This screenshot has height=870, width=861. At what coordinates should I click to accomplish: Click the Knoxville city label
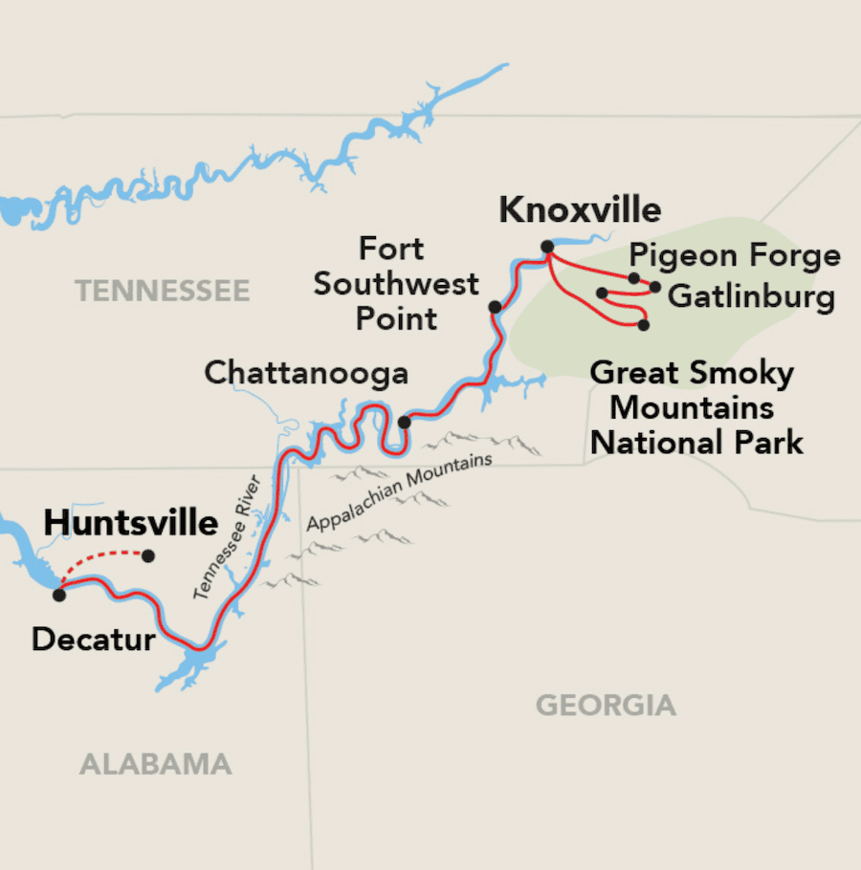click(x=580, y=210)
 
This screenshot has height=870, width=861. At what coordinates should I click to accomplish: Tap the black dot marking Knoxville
click(x=547, y=247)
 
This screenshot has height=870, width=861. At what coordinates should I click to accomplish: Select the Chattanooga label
click(x=306, y=373)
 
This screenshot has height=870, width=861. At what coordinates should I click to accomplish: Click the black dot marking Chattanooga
click(x=405, y=422)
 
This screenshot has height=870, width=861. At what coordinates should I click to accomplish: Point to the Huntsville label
click(x=131, y=523)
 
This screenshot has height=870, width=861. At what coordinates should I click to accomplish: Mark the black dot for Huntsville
click(x=148, y=555)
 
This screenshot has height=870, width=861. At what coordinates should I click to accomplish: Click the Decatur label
click(x=93, y=639)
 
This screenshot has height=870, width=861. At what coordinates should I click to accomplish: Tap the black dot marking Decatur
click(x=58, y=595)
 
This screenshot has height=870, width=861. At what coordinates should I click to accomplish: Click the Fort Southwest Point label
click(x=396, y=284)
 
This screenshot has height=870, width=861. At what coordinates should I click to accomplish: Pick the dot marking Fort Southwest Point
click(x=495, y=307)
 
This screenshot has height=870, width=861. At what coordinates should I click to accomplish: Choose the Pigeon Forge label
click(x=735, y=256)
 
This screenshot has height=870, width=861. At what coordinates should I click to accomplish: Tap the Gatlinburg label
click(x=751, y=296)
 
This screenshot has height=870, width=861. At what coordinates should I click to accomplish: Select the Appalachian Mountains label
click(x=400, y=492)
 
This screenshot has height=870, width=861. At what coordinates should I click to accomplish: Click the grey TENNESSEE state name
click(x=163, y=291)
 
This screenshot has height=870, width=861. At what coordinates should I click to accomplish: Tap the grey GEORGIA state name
click(x=606, y=707)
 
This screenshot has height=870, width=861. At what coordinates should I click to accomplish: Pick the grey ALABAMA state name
click(x=155, y=764)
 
